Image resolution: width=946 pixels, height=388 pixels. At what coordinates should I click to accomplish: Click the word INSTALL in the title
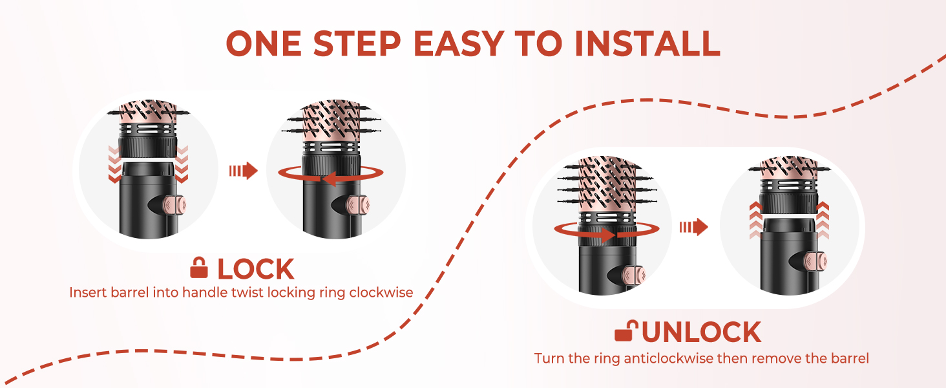647,43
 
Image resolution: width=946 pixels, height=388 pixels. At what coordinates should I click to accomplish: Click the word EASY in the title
459,43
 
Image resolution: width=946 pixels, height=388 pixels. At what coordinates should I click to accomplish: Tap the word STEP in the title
357,43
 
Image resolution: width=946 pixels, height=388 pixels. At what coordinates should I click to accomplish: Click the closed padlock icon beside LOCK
199,268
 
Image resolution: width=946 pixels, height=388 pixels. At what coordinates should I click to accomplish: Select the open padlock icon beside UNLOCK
626,330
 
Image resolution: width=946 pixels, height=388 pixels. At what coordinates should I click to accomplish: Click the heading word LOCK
255,269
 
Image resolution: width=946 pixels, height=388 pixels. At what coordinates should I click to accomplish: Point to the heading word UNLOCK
702,332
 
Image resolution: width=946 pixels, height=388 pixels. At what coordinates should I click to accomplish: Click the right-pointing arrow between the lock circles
243,171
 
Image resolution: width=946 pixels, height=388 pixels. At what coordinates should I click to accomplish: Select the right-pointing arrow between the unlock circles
693,228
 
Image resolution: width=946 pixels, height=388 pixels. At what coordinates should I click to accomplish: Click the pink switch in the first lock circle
174,205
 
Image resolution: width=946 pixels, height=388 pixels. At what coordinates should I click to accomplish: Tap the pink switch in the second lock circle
358,205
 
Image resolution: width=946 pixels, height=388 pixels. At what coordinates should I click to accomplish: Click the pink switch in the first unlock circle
633,275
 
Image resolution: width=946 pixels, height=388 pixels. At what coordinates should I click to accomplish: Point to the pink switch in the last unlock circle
815,261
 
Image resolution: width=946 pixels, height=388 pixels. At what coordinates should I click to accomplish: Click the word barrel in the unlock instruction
850,358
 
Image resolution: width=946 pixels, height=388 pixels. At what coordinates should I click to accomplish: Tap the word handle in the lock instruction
198,292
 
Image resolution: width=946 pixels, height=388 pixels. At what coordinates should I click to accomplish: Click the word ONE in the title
264,43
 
